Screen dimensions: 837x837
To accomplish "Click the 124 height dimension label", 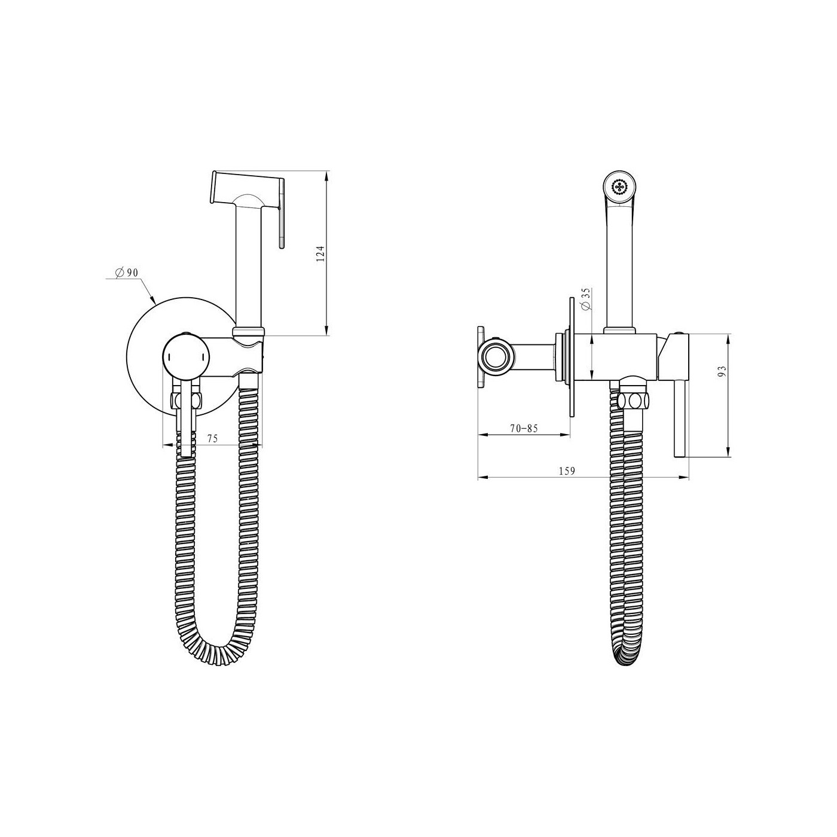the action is [320, 253].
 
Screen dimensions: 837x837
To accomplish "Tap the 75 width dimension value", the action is [212, 439].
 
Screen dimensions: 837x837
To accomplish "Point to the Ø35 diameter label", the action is [586, 300].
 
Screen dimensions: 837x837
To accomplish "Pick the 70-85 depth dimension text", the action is [524, 428].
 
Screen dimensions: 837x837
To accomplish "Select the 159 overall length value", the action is [567, 471].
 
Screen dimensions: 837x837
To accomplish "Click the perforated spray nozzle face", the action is [620, 187].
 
